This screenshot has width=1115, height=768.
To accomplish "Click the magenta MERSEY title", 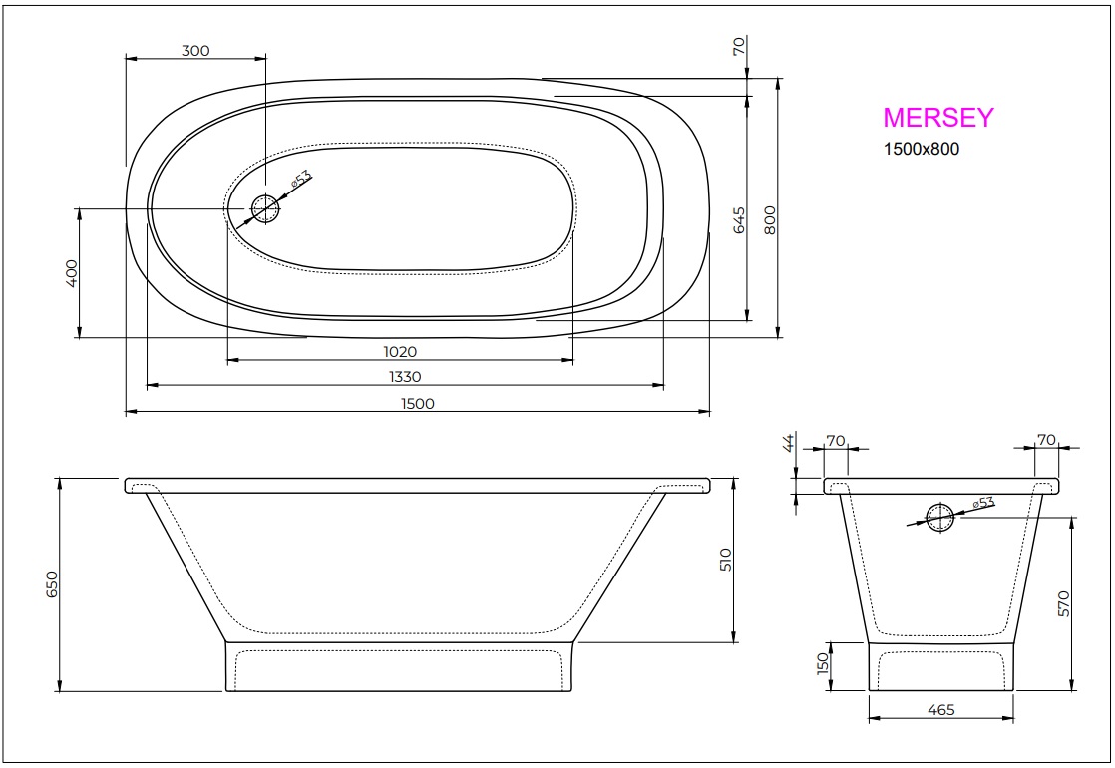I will pyautogui.click(x=937, y=118).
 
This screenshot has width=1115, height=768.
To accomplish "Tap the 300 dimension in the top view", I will pyautogui.click(x=195, y=51).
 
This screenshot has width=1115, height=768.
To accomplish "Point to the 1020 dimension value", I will pyautogui.click(x=399, y=351).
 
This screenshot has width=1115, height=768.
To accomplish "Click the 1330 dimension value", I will pyautogui.click(x=405, y=376).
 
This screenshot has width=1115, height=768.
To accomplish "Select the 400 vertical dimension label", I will pyautogui.click(x=71, y=273).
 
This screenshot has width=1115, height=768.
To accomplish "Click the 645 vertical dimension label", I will pyautogui.click(x=739, y=220).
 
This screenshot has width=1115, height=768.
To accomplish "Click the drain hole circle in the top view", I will pyautogui.click(x=265, y=208).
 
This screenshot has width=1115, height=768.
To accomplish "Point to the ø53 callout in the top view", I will pyautogui.click(x=301, y=180).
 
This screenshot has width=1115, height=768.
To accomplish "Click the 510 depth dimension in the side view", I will pyautogui.click(x=725, y=559).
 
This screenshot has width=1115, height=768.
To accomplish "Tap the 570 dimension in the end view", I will pyautogui.click(x=1063, y=604).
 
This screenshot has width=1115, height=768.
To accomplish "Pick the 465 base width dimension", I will pyautogui.click(x=940, y=710).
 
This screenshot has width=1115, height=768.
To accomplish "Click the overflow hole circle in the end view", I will pyautogui.click(x=940, y=517).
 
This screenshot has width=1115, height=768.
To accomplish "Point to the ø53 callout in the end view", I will pyautogui.click(x=982, y=503).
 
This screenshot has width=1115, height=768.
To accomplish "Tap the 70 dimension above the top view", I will pyautogui.click(x=739, y=47).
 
